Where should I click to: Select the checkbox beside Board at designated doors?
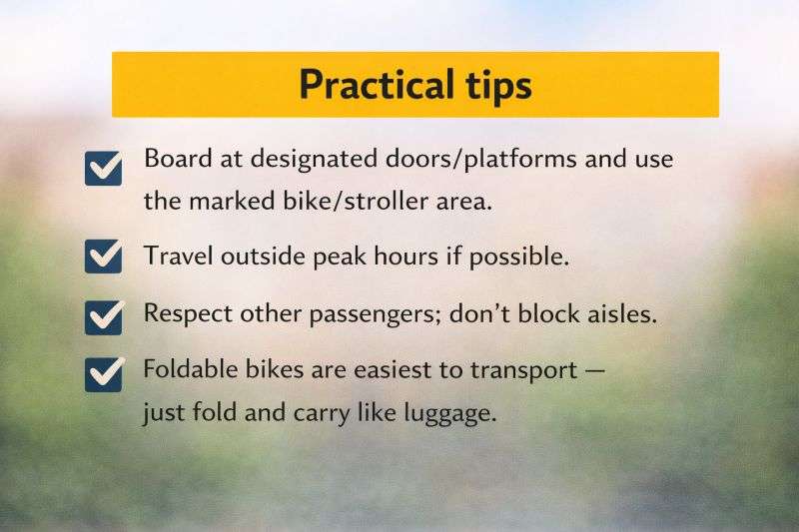point(104,169)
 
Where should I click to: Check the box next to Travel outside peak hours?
point(104,257)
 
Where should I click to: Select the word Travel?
point(176,256)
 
